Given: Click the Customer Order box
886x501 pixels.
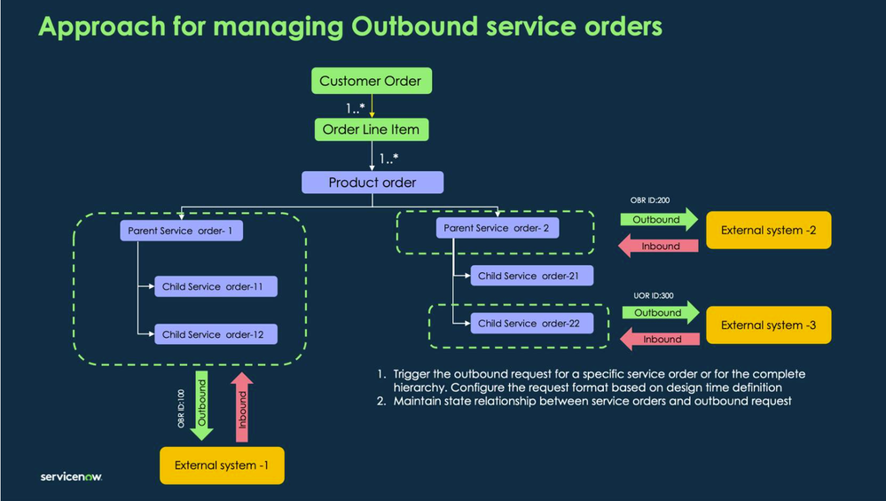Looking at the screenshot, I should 371,82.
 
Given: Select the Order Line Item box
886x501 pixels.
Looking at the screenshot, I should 371,129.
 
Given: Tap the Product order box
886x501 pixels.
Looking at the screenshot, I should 372,183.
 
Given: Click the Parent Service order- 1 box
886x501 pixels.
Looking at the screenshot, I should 181,231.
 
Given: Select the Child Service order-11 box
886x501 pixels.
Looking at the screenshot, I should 213,286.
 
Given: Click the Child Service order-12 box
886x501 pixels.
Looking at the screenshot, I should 213,334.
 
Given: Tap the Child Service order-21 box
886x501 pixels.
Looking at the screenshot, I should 529,276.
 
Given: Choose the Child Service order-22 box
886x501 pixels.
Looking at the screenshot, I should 529,324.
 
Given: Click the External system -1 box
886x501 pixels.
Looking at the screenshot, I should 222,466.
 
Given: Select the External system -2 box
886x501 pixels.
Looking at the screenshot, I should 768,231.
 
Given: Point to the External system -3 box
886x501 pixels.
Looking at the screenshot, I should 768,325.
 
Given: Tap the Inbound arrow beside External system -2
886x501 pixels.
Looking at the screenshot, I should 660,247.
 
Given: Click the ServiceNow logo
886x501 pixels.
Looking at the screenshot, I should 71,477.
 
